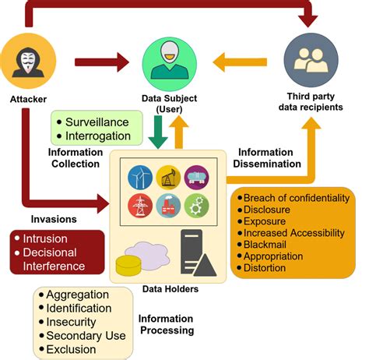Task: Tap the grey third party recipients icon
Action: coord(311,61)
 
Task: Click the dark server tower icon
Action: coord(192,249)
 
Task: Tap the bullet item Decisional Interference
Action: coord(58,259)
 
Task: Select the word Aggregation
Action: coord(78,295)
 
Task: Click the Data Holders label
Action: coord(169,289)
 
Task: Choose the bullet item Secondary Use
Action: coord(82,336)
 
